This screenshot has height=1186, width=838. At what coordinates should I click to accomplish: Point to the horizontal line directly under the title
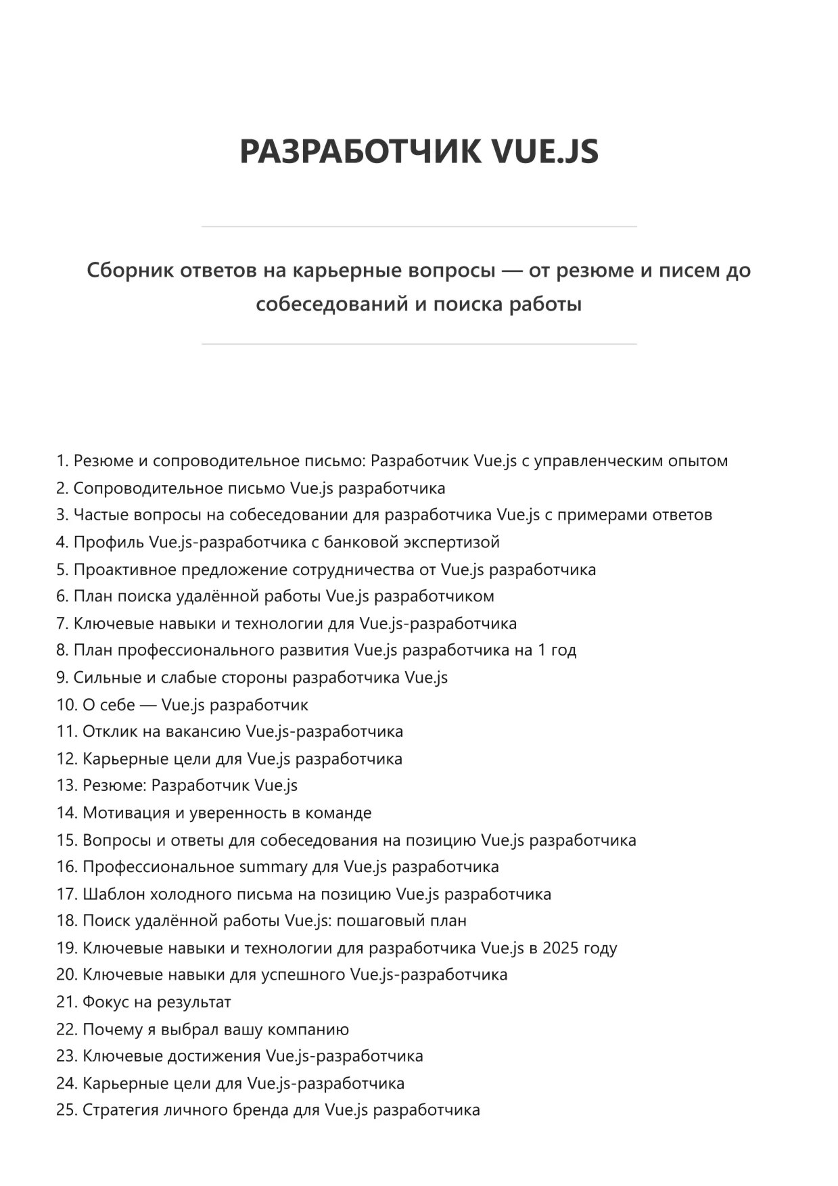pyautogui.click(x=419, y=227)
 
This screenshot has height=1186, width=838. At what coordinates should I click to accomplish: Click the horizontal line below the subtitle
pyautogui.click(x=419, y=344)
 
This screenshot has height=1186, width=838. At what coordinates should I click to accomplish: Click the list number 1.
pyautogui.click(x=62, y=461)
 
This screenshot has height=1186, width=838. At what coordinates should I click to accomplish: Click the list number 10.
pyautogui.click(x=66, y=705)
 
